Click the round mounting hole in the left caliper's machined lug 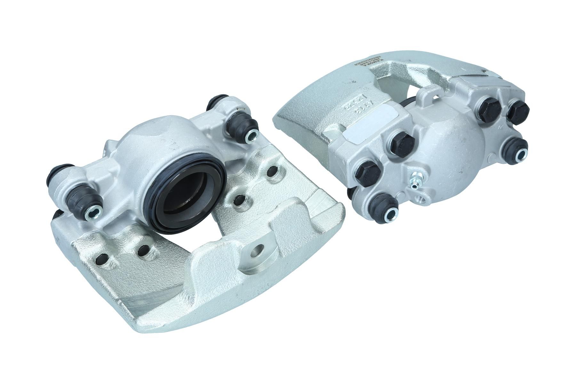pos(257,252)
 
